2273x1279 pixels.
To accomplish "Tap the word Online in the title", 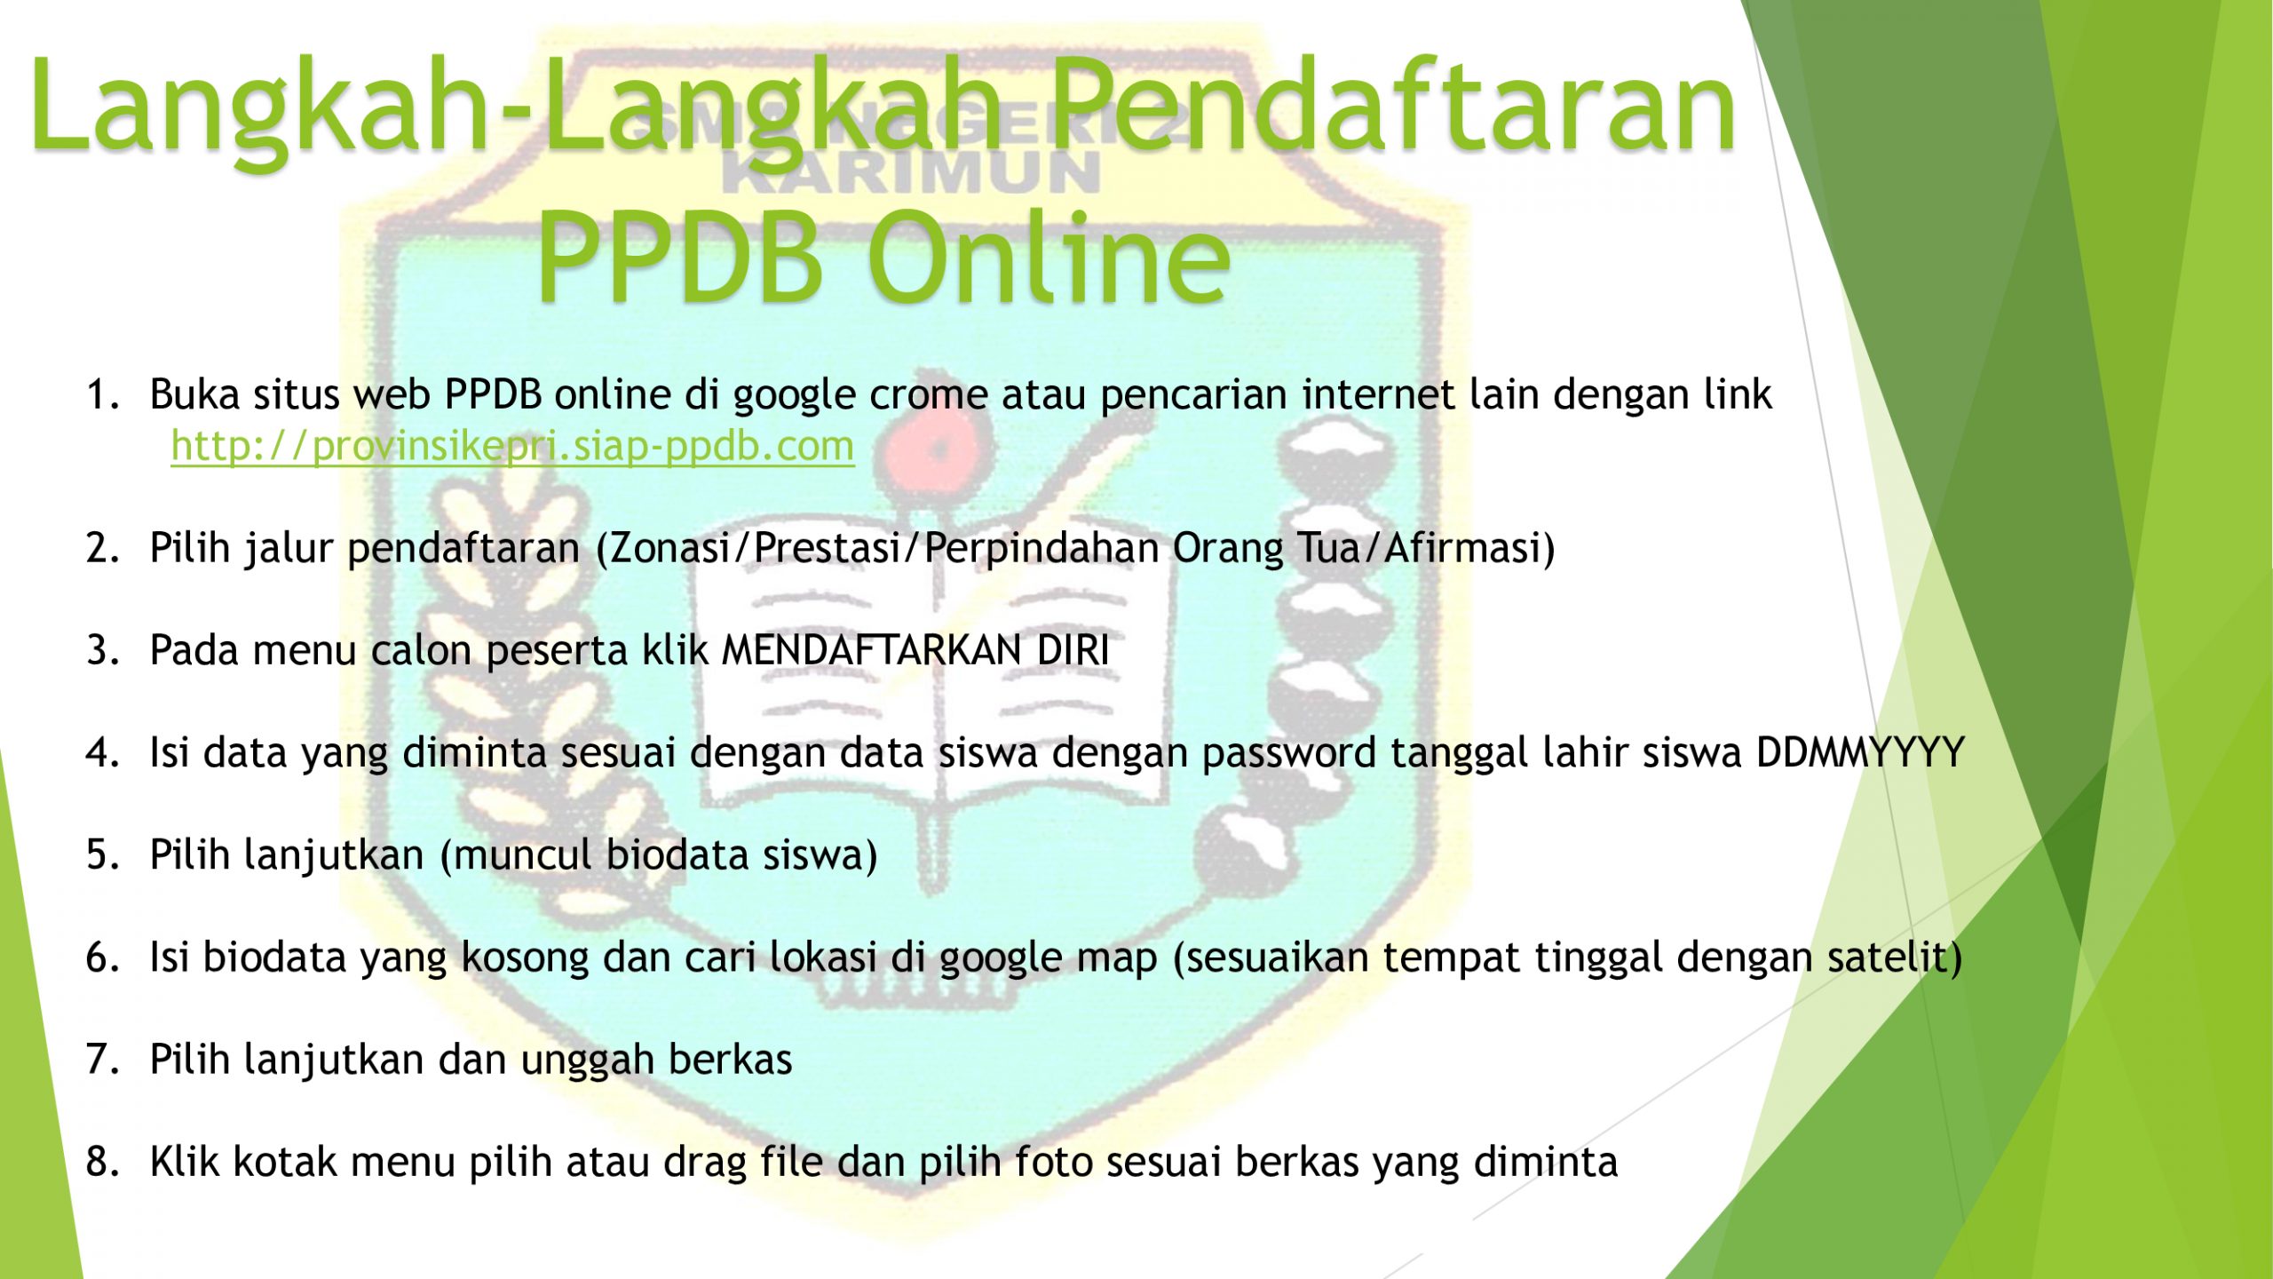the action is point(1049,258).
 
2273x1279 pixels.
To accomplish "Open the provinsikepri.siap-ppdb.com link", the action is point(512,447).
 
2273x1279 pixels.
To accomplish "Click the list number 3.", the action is point(101,650).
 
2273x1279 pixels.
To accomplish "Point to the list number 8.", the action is point(101,1162).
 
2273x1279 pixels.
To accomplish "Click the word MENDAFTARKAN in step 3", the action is point(872,650).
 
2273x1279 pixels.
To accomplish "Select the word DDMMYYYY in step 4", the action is point(1860,753).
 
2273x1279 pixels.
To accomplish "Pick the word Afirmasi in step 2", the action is point(1461,548).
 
